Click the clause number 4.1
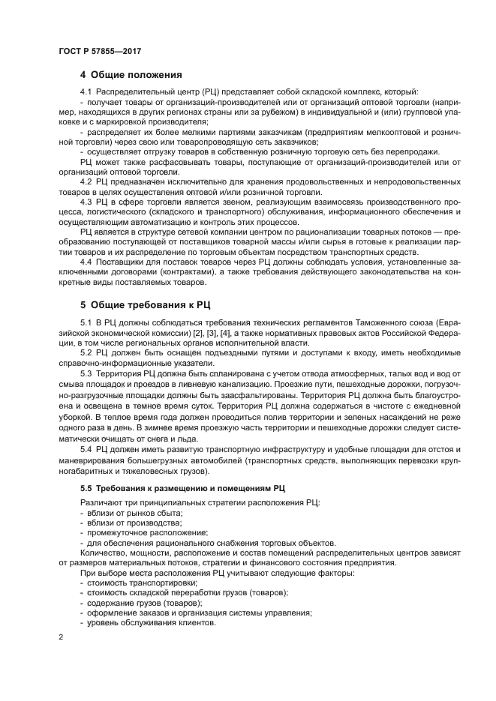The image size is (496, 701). pos(86,91)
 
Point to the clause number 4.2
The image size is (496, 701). pos(86,181)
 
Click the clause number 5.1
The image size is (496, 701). pos(86,322)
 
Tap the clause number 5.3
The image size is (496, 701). pos(86,373)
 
